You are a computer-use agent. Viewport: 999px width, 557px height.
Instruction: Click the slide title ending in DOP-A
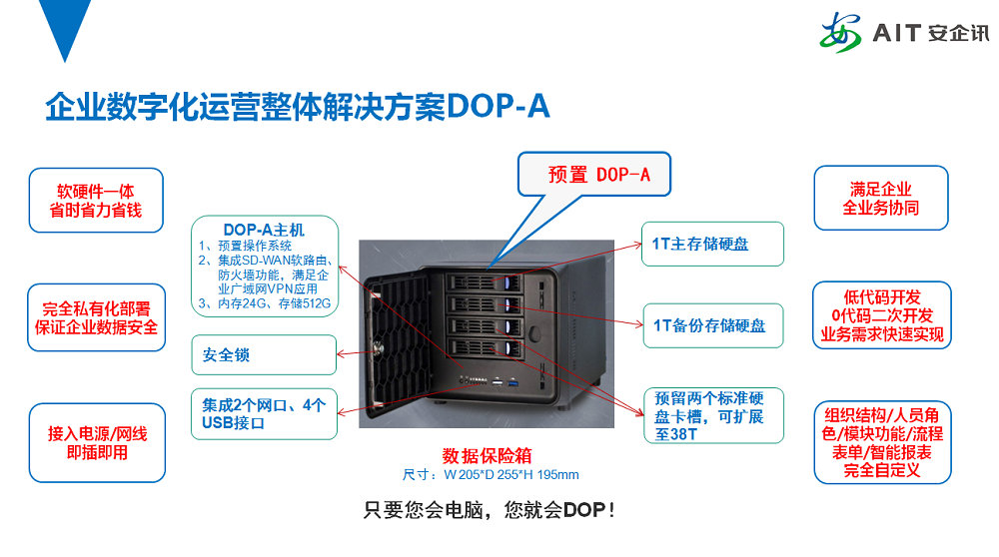(x=298, y=106)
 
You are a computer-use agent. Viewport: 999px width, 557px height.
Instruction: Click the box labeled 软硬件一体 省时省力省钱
(x=96, y=200)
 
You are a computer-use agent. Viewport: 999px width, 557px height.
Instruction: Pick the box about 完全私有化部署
(x=96, y=317)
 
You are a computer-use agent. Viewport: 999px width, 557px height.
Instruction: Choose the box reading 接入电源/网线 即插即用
(x=96, y=443)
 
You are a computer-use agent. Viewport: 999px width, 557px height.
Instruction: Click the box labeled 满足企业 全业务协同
(x=881, y=199)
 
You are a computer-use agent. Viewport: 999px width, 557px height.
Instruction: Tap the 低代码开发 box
(x=881, y=315)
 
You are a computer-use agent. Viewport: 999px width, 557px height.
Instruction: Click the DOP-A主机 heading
(x=264, y=229)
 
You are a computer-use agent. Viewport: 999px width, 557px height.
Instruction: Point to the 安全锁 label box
(x=264, y=354)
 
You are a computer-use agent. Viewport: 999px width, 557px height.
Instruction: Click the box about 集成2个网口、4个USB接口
(x=264, y=414)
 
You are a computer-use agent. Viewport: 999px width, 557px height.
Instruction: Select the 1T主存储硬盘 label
(x=712, y=245)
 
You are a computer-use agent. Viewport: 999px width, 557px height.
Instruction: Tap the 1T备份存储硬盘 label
(x=712, y=324)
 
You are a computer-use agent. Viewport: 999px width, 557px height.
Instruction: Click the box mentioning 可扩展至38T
(x=712, y=414)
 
